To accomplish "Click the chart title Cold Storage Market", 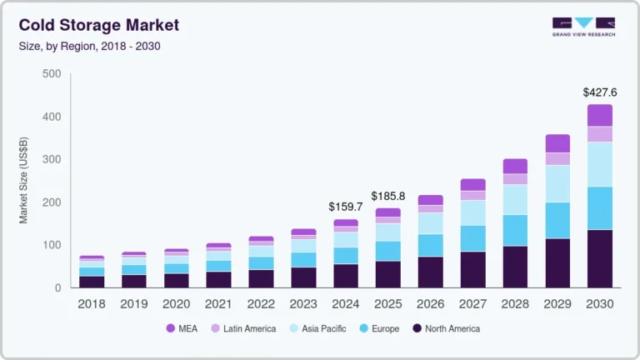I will point(98,25).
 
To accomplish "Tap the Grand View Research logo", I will point(582,27).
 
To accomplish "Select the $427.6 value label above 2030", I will point(599,92).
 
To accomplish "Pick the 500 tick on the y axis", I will point(51,74).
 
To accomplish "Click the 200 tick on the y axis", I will point(51,202).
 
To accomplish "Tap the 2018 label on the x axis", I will point(91,304).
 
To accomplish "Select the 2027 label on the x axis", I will point(472,304).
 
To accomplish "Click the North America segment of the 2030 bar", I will point(599,258).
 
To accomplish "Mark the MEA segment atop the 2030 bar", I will point(599,115).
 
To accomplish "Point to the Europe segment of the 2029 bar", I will point(557,220).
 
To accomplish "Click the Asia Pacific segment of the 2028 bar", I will point(514,199).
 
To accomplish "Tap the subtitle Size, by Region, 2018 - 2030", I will point(89,46).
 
